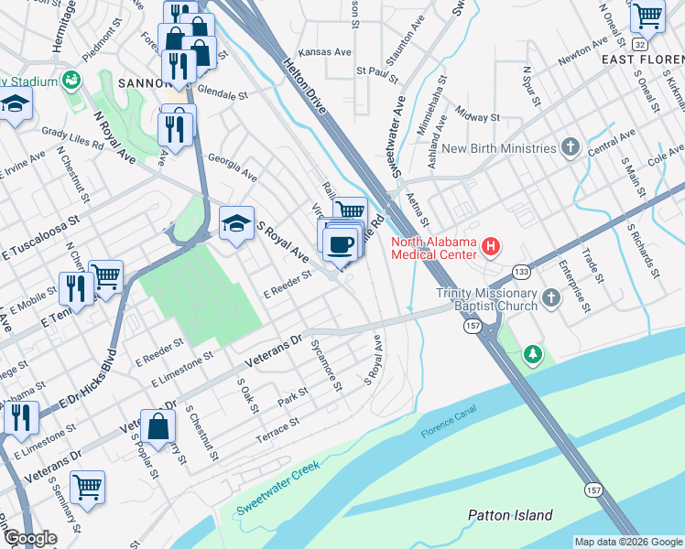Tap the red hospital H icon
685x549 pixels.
[492, 245]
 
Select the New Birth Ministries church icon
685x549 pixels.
[571, 147]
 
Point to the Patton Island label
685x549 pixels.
[510, 515]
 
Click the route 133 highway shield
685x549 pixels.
[521, 272]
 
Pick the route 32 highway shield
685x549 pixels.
[639, 44]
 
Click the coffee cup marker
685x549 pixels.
[341, 242]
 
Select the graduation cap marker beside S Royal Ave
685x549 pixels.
[236, 223]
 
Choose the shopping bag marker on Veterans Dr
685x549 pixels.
[158, 425]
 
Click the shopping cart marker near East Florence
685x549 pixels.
[647, 16]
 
